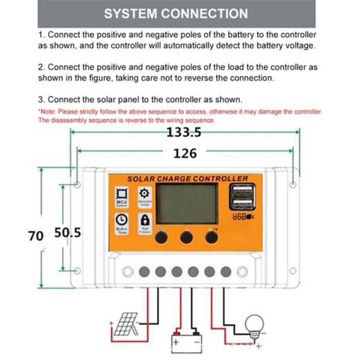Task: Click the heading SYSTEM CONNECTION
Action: point(176,13)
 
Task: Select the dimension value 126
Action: point(185,153)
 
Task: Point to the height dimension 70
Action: point(36,235)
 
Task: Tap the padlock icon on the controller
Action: point(145,220)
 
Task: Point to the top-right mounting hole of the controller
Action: point(293,184)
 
